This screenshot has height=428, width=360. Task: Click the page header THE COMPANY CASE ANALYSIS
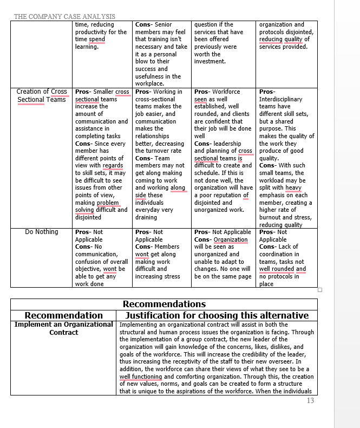[x=64, y=17]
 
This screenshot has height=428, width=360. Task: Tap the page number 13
[x=310, y=400]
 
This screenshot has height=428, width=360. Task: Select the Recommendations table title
[x=164, y=304]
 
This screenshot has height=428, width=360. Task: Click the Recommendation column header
[x=63, y=315]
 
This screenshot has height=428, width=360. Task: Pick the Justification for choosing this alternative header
[x=217, y=315]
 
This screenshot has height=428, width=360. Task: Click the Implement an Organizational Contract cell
[x=63, y=328]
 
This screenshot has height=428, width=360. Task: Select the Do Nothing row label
[x=42, y=232]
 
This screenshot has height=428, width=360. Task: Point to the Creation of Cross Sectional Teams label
[x=42, y=95]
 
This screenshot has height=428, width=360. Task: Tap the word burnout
[x=271, y=217]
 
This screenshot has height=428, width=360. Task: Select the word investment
[x=210, y=61]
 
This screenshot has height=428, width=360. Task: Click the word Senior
[x=163, y=24]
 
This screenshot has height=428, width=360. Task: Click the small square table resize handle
[x=320, y=290]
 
